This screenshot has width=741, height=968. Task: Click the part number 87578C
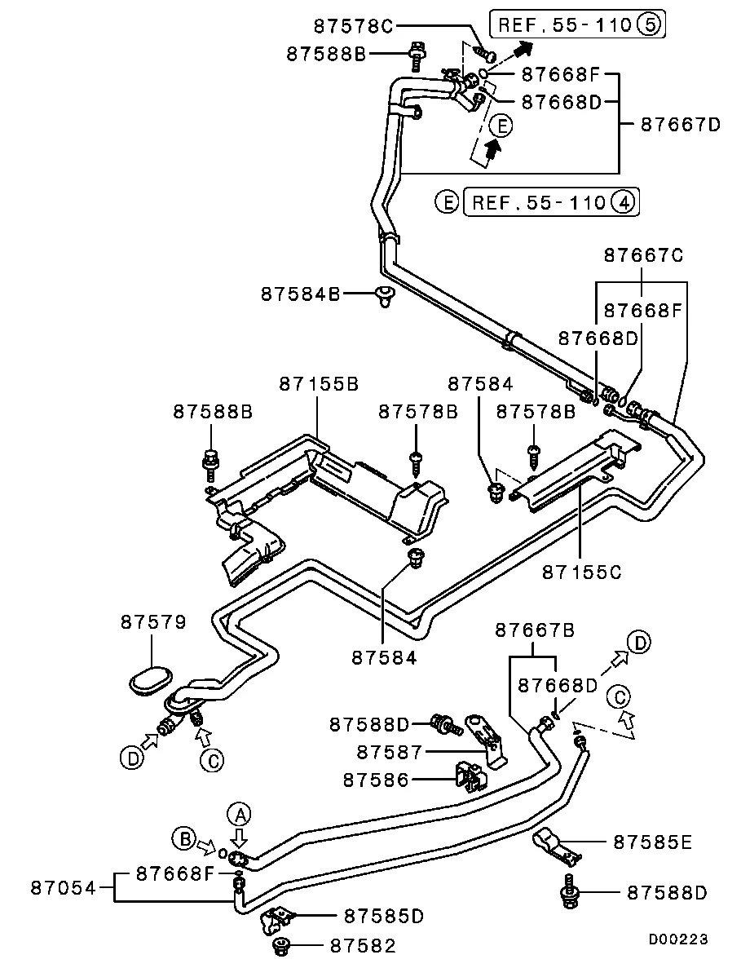[x=353, y=25]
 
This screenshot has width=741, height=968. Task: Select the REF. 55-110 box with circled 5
[x=576, y=24]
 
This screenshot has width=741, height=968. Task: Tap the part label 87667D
[x=681, y=125]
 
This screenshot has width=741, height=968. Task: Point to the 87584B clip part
[x=385, y=296]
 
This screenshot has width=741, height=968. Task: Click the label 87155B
[x=319, y=383]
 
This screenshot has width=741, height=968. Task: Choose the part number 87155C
[x=581, y=571]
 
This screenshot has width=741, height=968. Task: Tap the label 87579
[x=153, y=622]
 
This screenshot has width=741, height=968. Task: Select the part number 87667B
[x=535, y=630]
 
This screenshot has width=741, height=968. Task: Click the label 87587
[x=390, y=750]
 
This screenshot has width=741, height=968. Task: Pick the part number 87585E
[x=652, y=842]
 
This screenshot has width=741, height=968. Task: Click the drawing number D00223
[x=678, y=939]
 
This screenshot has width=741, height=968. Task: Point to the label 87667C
[x=643, y=255]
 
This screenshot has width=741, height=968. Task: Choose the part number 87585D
[x=384, y=916]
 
